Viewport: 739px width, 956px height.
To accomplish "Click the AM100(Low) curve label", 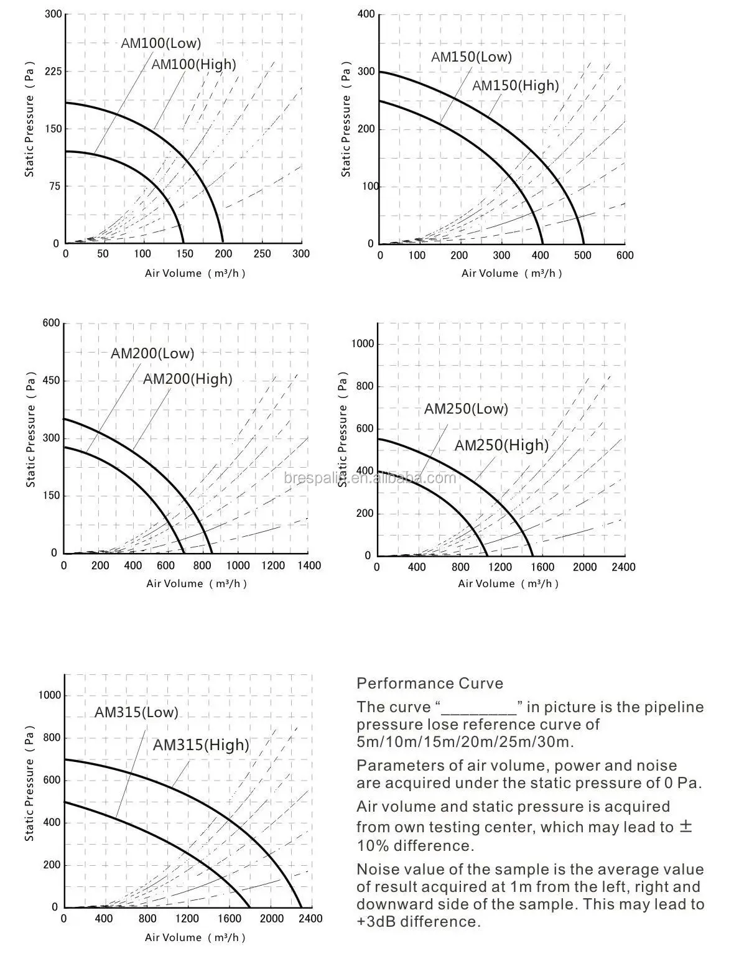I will pos(161,43).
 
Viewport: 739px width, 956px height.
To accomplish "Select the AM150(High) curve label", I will pos(515,85).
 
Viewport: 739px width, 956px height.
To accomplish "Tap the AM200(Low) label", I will pos(152,353).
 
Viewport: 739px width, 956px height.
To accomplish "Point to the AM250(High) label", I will pos(501,445).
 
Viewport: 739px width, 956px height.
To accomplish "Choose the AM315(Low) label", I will pos(136,712).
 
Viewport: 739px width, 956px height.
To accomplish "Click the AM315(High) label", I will pos(200,745).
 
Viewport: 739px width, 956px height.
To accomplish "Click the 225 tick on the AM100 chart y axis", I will pos(53,72).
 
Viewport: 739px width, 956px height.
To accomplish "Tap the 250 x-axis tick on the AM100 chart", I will pos(263,254).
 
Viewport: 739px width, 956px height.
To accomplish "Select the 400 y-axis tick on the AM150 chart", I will pos(366,14).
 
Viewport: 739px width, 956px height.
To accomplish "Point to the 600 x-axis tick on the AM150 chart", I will pos(625,255).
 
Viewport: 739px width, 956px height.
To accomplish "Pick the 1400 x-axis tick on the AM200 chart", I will pos(309,565).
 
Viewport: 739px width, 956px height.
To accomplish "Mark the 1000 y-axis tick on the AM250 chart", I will pos(363,344).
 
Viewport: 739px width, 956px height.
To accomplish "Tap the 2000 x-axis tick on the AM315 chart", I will pos(271,919).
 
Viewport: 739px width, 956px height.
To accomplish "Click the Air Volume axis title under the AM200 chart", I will pos(197,583).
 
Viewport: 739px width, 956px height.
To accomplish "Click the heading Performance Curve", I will pos(429,683).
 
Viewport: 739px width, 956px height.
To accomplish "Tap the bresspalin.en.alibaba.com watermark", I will pos(369,478).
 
